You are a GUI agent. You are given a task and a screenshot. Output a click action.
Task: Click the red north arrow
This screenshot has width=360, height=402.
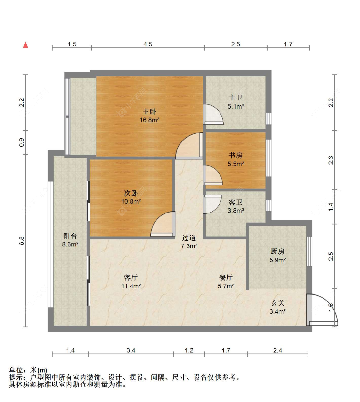[25, 45]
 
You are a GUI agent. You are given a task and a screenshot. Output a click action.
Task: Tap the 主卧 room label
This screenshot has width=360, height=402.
[149, 111]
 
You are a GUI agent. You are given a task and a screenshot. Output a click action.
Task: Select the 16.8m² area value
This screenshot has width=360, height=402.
[149, 120]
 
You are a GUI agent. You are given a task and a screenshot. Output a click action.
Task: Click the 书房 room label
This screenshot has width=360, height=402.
[236, 155]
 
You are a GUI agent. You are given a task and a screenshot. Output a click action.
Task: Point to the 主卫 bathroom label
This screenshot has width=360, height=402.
[236, 98]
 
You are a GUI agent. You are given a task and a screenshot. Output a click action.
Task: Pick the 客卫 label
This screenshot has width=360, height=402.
[236, 202]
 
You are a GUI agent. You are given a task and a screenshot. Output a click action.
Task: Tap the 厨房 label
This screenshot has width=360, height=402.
[277, 251]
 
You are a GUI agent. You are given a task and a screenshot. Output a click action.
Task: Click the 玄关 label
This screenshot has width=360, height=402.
[278, 303]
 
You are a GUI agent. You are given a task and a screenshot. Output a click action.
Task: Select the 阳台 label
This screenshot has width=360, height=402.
[70, 236]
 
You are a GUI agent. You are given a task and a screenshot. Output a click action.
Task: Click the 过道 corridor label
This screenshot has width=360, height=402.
[189, 237]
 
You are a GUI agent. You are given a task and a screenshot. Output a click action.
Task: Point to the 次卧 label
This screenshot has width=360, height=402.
[131, 193]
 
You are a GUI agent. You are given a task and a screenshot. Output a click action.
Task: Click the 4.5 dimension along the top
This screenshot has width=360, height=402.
[148, 44]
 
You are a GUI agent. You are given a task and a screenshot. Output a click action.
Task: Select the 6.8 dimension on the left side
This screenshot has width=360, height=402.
[21, 241]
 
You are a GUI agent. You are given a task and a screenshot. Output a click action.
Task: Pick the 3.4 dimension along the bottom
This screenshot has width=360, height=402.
[131, 350]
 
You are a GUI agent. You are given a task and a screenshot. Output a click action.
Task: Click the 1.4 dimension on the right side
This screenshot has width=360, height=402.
[331, 206]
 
